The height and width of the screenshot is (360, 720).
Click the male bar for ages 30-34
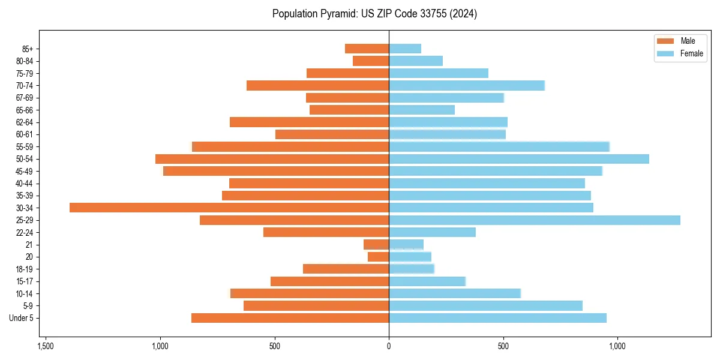pos(229,208)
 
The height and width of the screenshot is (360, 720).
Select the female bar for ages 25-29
pos(535,220)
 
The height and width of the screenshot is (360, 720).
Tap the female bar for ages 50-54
pos(519,159)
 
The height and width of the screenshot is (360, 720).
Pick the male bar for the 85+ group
pos(367,49)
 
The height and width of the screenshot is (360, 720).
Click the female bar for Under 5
pos(497,318)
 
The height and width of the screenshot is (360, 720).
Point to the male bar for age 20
pos(378,257)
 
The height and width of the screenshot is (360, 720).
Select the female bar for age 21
pos(406,245)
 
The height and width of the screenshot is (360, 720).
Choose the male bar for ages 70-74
pos(317,86)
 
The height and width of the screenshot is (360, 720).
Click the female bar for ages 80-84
pos(416,61)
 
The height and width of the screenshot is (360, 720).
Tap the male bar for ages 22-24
pos(326,232)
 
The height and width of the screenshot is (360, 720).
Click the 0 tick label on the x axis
pos(389,346)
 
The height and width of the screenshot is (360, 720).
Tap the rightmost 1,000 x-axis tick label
pos(617,346)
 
